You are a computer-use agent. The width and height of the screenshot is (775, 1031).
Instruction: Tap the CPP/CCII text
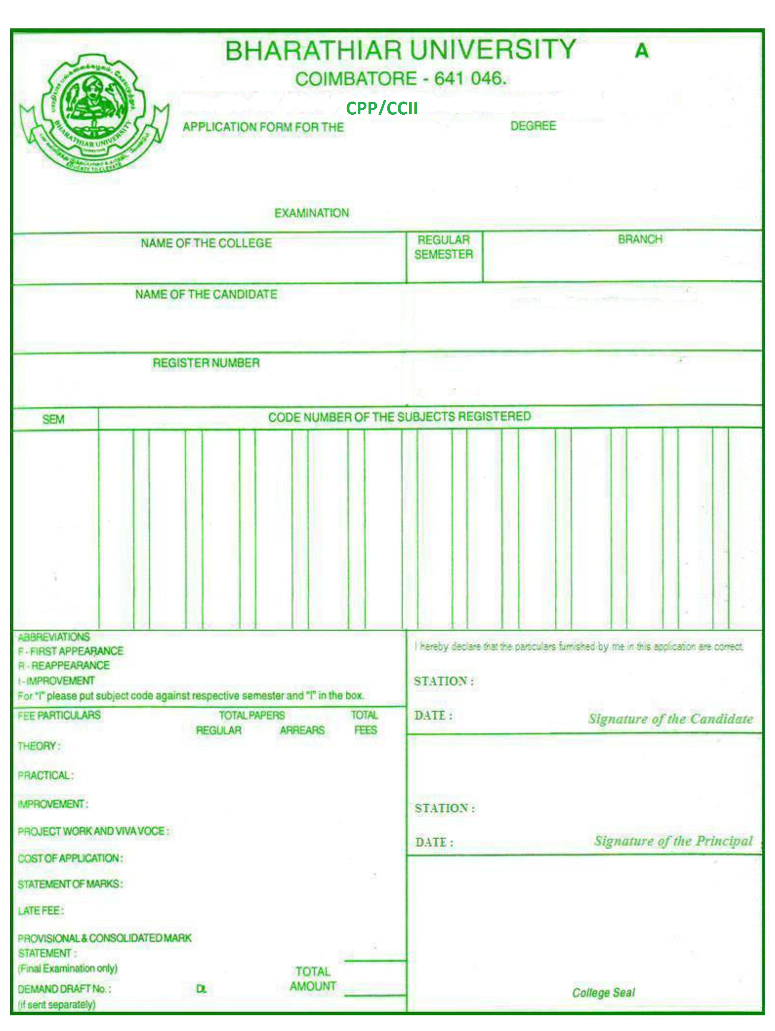(x=382, y=108)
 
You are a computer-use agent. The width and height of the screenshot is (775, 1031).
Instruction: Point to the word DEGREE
(x=533, y=126)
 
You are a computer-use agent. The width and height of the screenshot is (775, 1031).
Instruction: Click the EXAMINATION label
(x=311, y=213)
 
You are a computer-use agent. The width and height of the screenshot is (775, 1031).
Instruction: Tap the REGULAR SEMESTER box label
(x=444, y=247)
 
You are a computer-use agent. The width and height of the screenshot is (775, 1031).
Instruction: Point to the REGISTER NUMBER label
(x=206, y=363)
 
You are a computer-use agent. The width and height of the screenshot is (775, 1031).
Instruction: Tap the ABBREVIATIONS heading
(x=54, y=637)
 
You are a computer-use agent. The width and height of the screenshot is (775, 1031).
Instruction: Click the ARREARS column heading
(x=302, y=730)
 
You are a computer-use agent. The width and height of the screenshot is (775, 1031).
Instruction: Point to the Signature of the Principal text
(x=673, y=841)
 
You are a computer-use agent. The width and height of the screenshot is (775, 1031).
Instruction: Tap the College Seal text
(x=604, y=993)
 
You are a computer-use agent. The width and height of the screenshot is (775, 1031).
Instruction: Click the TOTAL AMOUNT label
(x=313, y=979)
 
